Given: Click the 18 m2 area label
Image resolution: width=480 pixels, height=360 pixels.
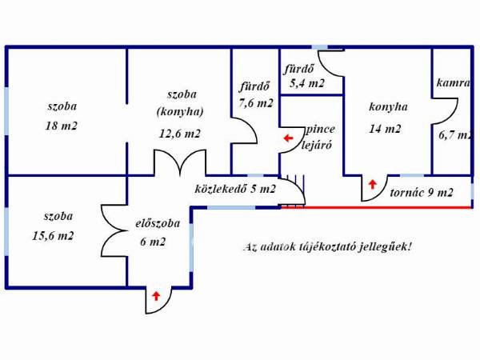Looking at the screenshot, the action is pyautogui.click(x=62, y=126).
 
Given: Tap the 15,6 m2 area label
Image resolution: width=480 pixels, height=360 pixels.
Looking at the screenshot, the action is pyautogui.click(x=53, y=236).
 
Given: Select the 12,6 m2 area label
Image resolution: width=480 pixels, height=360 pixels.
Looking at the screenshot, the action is pyautogui.click(x=180, y=134).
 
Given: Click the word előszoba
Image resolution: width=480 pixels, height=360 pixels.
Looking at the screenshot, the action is pyautogui.click(x=158, y=223).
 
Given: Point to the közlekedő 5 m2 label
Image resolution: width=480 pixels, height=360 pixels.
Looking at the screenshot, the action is pyautogui.click(x=235, y=189).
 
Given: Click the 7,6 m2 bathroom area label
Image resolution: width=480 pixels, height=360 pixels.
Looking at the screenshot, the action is pyautogui.click(x=256, y=103).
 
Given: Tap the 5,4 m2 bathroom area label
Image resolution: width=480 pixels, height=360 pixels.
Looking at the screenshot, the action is pyautogui.click(x=306, y=83).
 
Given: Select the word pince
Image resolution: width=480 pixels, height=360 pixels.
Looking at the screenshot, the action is pyautogui.click(x=320, y=130).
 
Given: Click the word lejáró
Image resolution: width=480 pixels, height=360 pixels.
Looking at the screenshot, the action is pyautogui.click(x=317, y=145).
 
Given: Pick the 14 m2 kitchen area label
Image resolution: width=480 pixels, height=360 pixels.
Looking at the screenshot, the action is pyautogui.click(x=385, y=129).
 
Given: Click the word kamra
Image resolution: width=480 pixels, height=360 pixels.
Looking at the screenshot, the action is pyautogui.click(x=453, y=82).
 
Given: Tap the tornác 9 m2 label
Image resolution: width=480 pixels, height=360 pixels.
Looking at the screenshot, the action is pyautogui.click(x=422, y=193).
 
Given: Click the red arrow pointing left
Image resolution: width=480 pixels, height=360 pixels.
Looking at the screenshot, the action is pyautogui.click(x=288, y=138).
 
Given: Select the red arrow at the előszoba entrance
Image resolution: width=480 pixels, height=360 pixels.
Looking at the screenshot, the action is pyautogui.click(x=157, y=296).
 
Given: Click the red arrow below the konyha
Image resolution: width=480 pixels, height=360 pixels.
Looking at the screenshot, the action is pyautogui.click(x=372, y=184).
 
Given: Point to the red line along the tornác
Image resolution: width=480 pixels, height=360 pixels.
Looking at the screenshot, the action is pyautogui.click(x=376, y=207).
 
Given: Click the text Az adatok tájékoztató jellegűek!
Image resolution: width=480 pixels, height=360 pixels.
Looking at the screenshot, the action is pyautogui.click(x=327, y=246).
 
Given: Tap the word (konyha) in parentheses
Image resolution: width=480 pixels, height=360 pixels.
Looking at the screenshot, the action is pyautogui.click(x=180, y=112).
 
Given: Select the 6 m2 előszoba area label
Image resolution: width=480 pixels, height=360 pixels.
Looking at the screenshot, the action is pyautogui.click(x=153, y=242).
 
